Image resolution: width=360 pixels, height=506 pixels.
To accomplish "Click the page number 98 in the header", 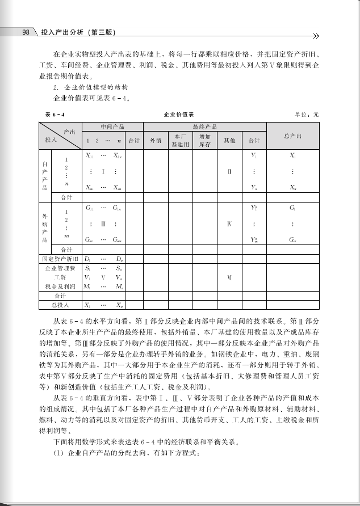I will pyautogui.click(x=26, y=32).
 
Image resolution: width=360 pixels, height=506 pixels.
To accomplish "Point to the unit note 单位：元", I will pyautogui.click(x=307, y=115).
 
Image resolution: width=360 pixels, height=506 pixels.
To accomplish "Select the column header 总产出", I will pyautogui.click(x=292, y=136).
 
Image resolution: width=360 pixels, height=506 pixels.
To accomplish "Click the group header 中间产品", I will pyautogui.click(x=112, y=126).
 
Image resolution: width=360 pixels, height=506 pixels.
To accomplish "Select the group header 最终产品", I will pyautogui.click(x=204, y=126).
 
